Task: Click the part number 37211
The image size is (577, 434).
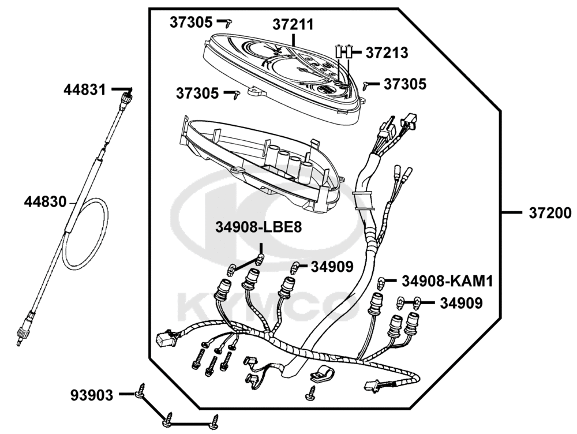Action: point(293,25)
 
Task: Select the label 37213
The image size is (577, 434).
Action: point(387,53)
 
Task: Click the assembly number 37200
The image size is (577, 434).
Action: point(549,213)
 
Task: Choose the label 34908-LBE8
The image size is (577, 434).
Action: point(259,227)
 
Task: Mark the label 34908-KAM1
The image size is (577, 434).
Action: point(447,281)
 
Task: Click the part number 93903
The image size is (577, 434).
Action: point(92,395)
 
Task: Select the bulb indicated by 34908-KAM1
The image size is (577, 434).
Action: point(382,282)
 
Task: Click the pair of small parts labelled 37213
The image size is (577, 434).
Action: point(344,52)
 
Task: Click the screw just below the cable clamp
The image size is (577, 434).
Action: point(312,394)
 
